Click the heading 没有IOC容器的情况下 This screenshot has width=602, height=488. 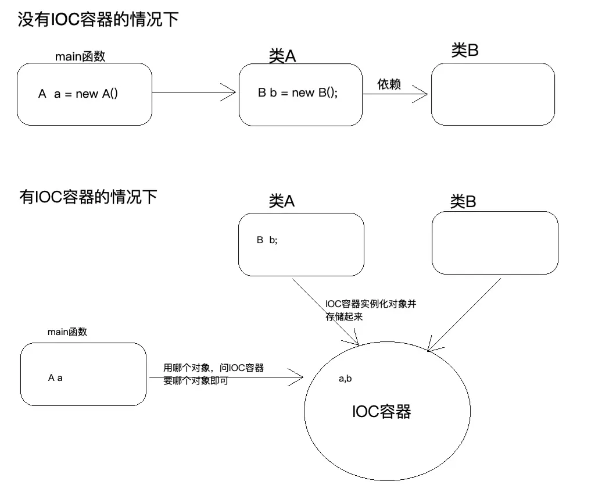97,20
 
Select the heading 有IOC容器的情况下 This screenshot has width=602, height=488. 88,197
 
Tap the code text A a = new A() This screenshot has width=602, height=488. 78,94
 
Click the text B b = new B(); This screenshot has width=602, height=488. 298,92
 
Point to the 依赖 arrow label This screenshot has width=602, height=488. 389,84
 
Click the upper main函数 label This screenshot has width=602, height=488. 80,56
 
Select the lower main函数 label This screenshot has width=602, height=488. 67,332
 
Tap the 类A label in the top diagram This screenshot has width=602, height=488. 282,55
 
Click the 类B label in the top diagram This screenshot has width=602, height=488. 465,51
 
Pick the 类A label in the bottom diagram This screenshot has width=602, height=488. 282,201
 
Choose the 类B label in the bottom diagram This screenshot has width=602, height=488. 463,201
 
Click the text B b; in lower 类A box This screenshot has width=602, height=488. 267,240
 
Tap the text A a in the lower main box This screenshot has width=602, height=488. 55,377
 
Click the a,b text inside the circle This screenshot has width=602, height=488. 345,379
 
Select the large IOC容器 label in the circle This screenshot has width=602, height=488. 382,412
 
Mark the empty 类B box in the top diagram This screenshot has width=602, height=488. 493,94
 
